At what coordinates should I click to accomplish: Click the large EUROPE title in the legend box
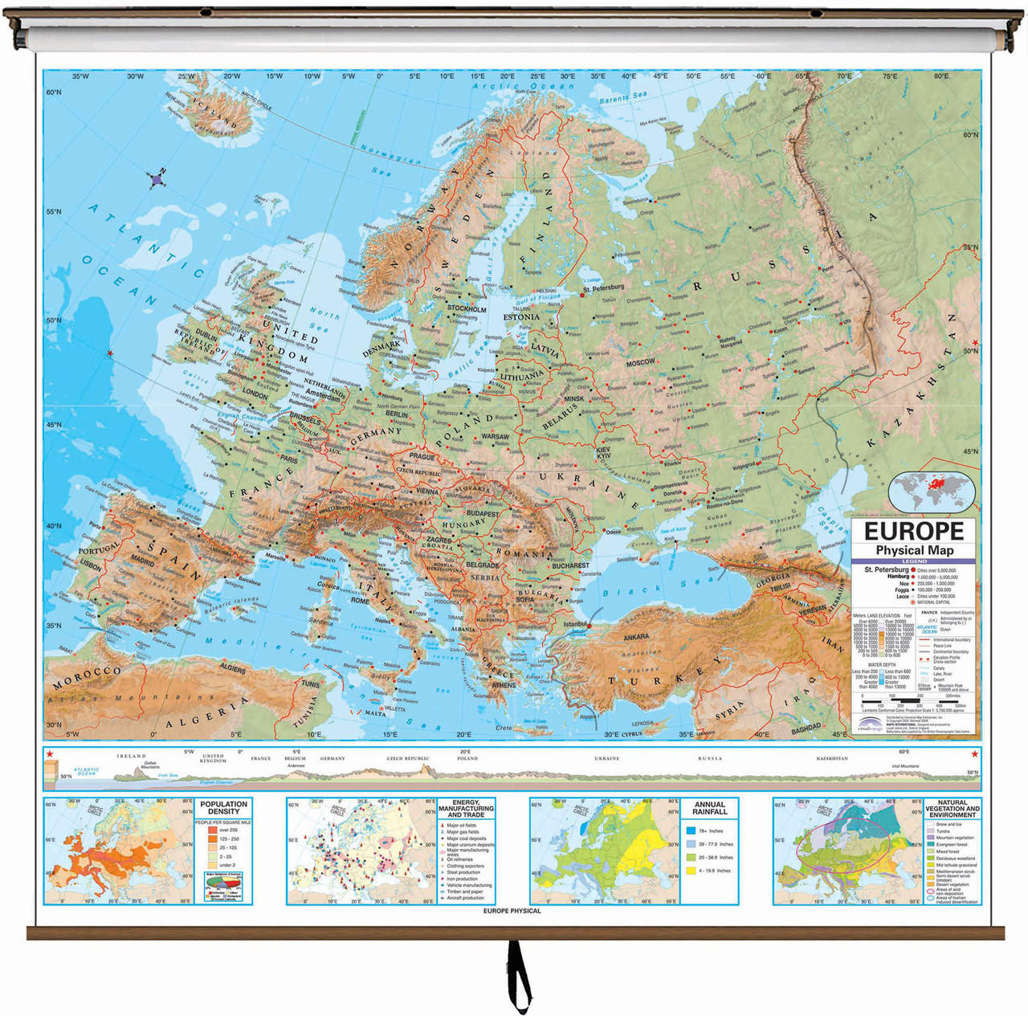point(914,532)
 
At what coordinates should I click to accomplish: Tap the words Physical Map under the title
point(914,550)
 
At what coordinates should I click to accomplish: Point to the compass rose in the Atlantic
point(157,179)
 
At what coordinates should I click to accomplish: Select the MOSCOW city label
point(640,363)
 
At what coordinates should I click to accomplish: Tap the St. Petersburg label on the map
point(603,288)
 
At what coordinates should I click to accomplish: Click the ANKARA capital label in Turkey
point(636,637)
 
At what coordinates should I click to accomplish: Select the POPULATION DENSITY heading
point(223,807)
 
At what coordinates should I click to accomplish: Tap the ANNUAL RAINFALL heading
point(709,807)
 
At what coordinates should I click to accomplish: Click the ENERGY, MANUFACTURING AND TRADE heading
point(466,808)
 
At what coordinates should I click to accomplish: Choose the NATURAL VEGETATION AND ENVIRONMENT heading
point(953,808)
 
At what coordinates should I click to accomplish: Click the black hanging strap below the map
point(519,976)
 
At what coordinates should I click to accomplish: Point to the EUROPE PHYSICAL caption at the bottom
point(512,911)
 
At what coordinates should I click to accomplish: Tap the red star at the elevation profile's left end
point(50,753)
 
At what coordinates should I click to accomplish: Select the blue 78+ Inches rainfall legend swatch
point(691,830)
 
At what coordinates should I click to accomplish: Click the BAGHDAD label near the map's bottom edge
point(806,729)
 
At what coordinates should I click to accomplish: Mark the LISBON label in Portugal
point(90,566)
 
